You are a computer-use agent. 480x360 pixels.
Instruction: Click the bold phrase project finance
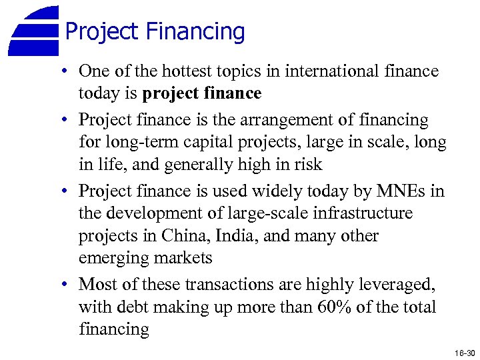(x=202, y=94)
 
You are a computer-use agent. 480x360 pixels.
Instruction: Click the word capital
(x=199, y=143)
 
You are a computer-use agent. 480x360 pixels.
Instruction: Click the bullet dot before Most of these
(x=69, y=285)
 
